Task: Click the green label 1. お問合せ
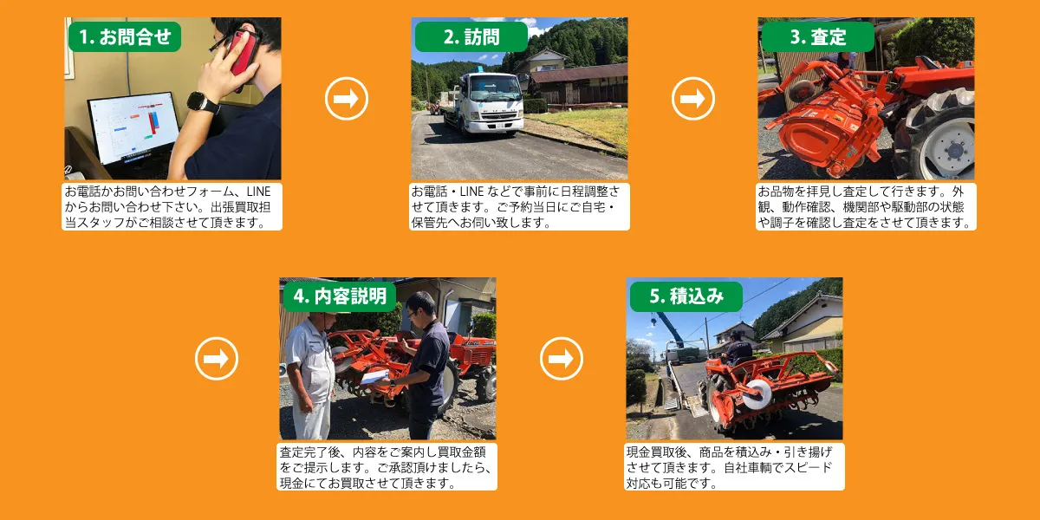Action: click(125, 36)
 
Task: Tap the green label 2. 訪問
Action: click(471, 36)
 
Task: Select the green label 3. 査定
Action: click(817, 36)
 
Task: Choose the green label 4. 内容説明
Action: click(340, 296)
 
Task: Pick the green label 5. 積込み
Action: click(686, 296)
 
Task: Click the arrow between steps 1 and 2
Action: click(347, 99)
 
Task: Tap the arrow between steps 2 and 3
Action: click(692, 99)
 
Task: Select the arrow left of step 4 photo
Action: click(217, 359)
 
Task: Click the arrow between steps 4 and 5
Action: click(562, 359)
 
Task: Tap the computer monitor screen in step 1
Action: click(134, 127)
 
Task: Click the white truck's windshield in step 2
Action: click(495, 88)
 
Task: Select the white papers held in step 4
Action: click(375, 376)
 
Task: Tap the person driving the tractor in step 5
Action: click(738, 349)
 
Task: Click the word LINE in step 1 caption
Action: click(258, 192)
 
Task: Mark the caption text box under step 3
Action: click(866, 206)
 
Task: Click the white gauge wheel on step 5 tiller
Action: click(757, 394)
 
